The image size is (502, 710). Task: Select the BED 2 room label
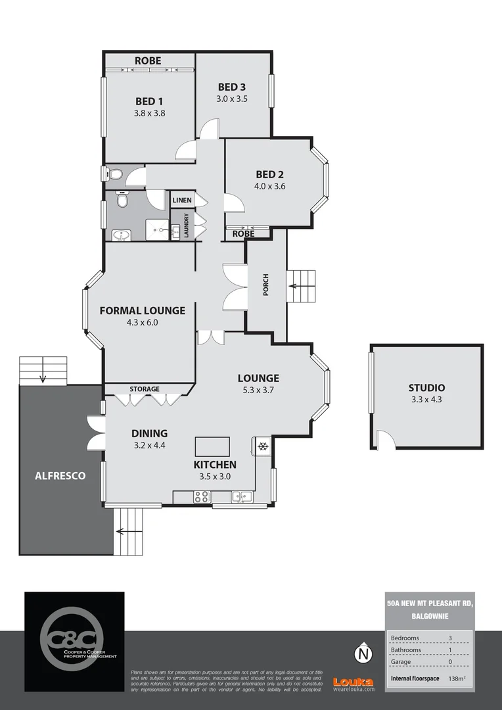pos(269,174)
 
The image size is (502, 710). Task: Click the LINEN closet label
pos(182,200)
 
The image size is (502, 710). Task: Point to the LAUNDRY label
pos(187,225)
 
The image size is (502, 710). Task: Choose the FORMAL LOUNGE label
pos(142,310)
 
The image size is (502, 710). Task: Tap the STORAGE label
pos(144,389)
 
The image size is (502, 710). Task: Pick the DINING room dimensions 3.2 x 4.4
pos(149,445)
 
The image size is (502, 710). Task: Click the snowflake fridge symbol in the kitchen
pos(262,447)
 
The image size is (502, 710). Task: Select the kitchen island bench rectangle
pos(212,446)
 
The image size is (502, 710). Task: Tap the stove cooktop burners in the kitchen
pos(201,497)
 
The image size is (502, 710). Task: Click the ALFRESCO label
pos(60,475)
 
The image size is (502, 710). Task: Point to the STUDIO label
pos(426,388)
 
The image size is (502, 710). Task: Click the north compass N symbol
pos(362,654)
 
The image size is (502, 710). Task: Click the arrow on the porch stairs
pos(292,286)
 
